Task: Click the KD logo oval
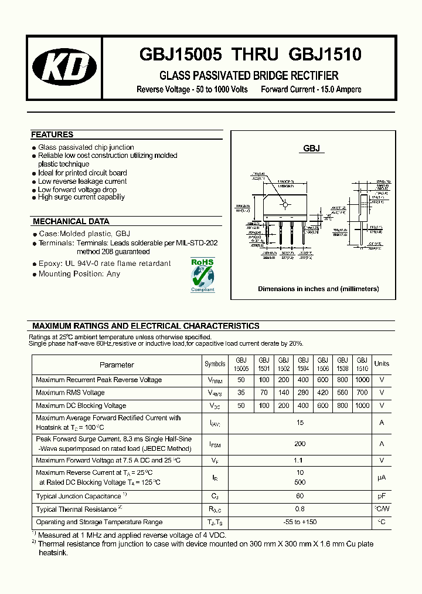click(x=64, y=68)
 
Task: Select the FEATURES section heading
click(x=52, y=134)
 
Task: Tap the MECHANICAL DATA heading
click(x=71, y=221)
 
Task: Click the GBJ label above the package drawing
click(x=311, y=148)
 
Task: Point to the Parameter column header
click(x=117, y=365)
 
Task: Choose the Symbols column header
click(x=215, y=364)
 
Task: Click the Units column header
click(x=382, y=364)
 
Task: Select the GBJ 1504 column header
click(x=303, y=364)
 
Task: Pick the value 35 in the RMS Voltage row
click(x=241, y=393)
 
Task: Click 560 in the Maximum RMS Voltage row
click(x=342, y=393)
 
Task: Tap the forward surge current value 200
click(x=301, y=444)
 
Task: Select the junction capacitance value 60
click(x=301, y=496)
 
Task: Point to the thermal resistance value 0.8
click(x=301, y=509)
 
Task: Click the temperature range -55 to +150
click(x=301, y=522)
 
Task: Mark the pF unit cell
click(x=382, y=496)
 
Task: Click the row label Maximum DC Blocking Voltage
click(x=81, y=406)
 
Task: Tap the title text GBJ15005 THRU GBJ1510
click(x=250, y=55)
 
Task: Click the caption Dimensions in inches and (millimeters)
click(x=318, y=289)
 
